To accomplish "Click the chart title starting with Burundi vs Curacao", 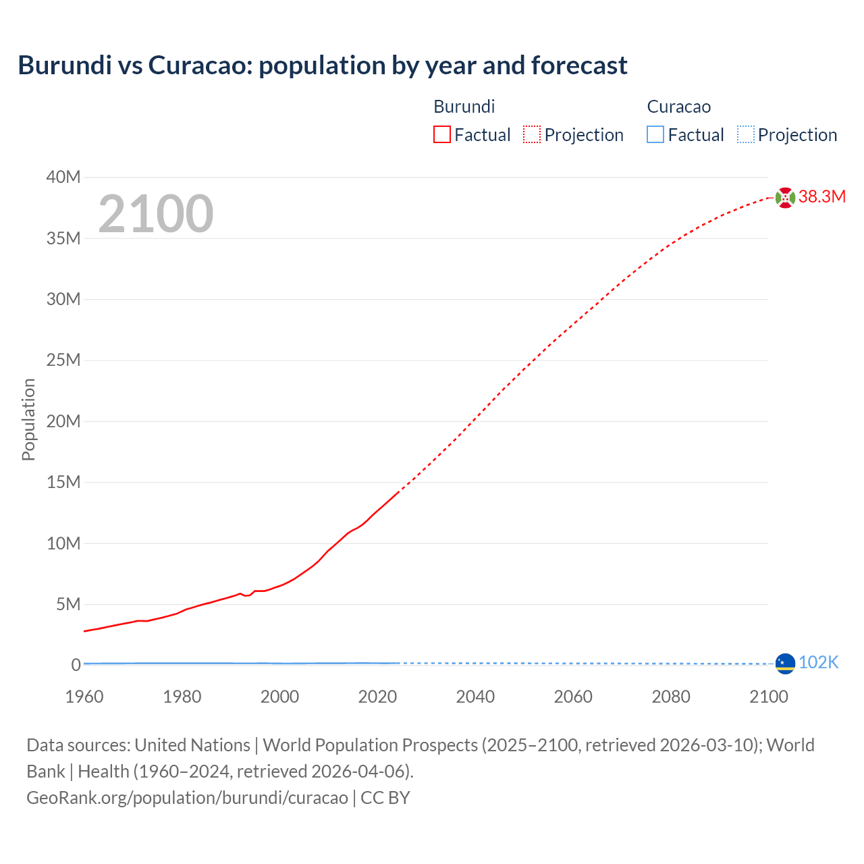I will click(323, 65).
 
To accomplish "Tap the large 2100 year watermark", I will click(156, 214).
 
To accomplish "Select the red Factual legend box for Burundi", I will click(441, 135).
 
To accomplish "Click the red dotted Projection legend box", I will click(531, 135).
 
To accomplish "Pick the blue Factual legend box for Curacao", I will click(655, 135).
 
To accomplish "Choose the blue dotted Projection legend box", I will click(745, 135).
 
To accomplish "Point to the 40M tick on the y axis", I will click(63, 178).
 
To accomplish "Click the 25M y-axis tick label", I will click(63, 360).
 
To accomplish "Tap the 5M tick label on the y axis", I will click(67, 604).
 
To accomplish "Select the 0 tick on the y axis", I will click(76, 666).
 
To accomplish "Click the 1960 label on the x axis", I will click(84, 697).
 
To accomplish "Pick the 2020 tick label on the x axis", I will click(377, 697).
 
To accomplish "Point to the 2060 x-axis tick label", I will click(573, 697).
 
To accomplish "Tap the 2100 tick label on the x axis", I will click(768, 697).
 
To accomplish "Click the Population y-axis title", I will click(28, 420).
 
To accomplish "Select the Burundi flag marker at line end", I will click(785, 198).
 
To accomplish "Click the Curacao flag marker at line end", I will click(785, 664).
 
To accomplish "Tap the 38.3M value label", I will click(821, 197).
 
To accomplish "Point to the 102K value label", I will click(818, 663).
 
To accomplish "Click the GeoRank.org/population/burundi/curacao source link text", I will click(187, 798).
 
